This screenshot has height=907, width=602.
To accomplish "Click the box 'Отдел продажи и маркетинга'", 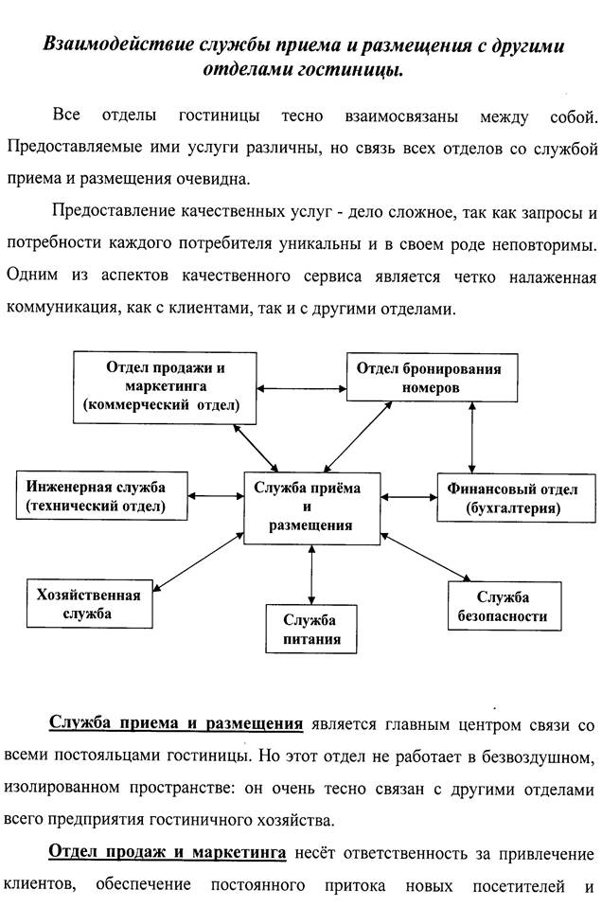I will coord(167,386).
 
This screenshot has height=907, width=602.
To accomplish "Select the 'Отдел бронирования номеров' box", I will coord(423,378).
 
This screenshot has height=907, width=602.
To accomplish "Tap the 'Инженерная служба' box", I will coord(96,496).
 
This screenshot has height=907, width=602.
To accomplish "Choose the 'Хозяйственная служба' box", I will coord(89,604).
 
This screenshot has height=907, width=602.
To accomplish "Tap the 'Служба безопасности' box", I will coord(503,607).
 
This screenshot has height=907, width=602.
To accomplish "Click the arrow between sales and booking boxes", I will coord(303,387).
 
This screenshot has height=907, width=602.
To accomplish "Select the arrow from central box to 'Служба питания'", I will coord(310,572).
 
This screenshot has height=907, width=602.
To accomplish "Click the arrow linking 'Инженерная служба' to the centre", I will coord(217,495).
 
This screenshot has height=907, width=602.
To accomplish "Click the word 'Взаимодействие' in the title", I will coord(118,45).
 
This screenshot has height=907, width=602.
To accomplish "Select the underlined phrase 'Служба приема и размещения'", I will coord(176,724).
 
